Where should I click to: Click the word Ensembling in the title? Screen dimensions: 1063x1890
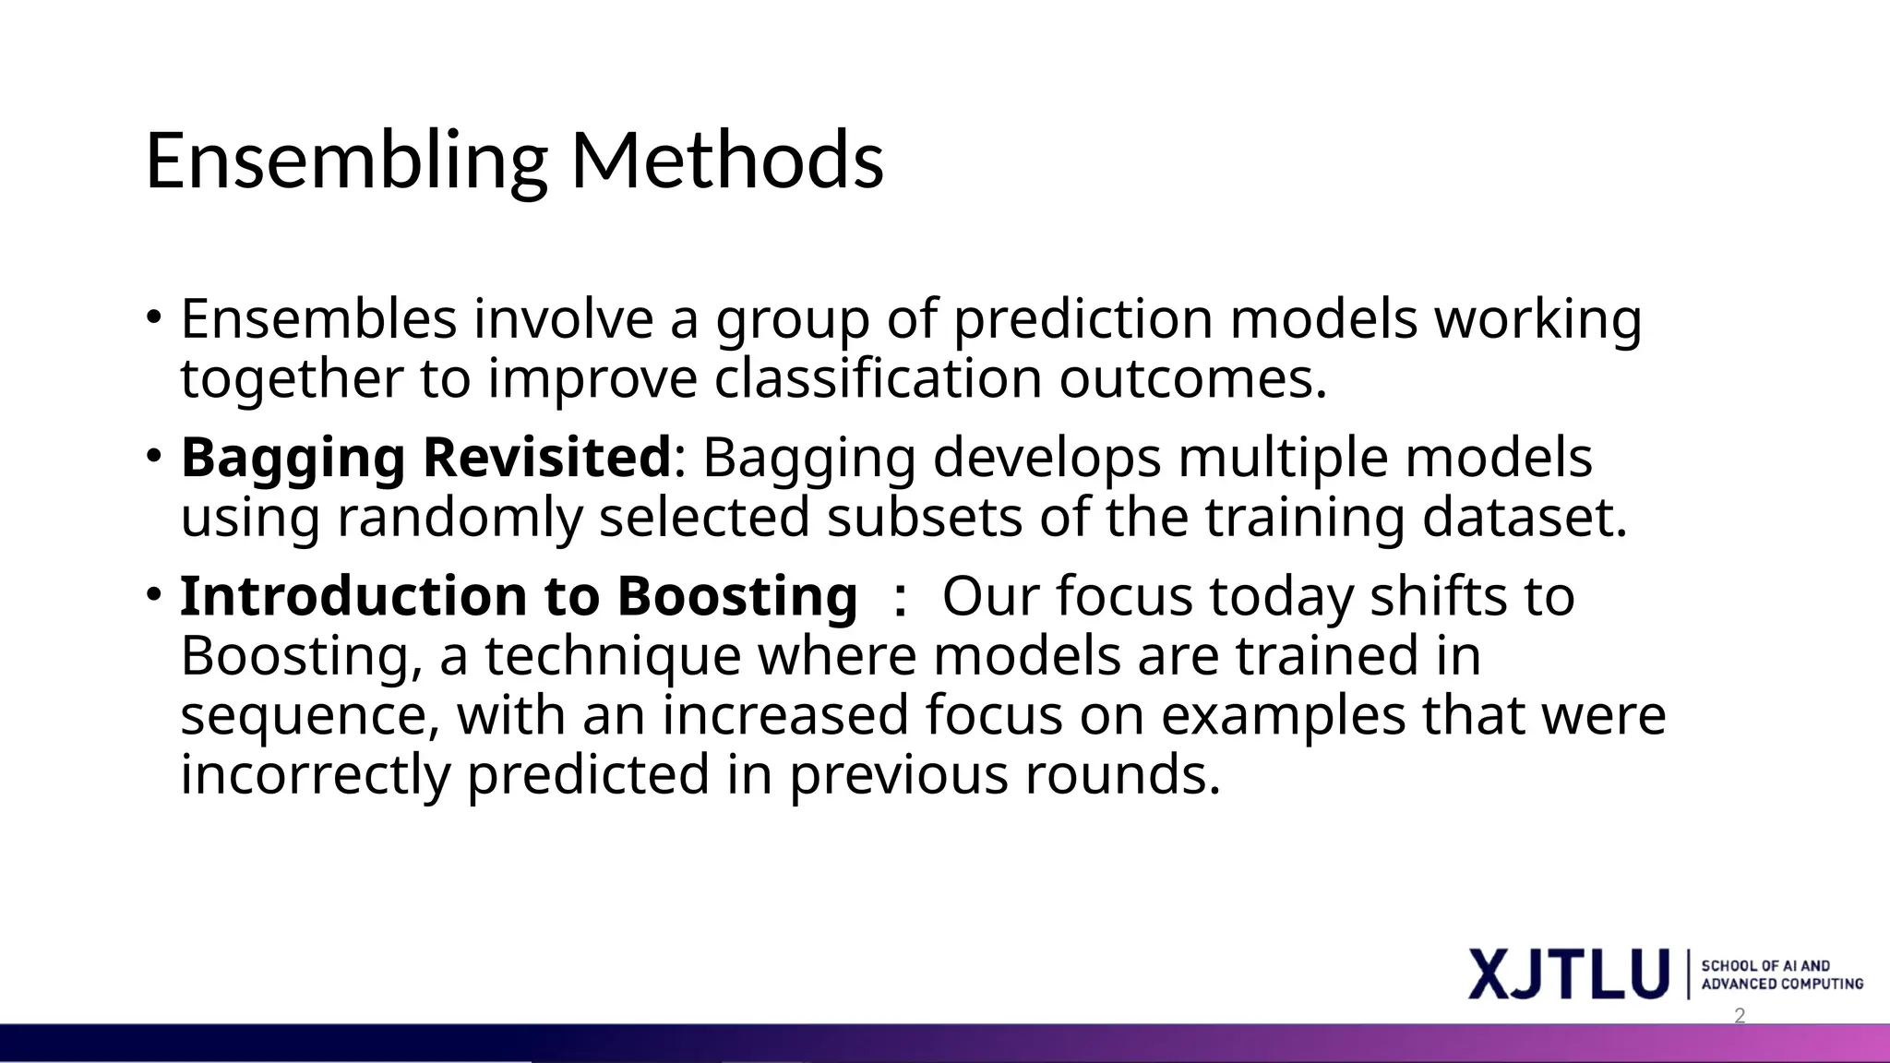click(x=346, y=161)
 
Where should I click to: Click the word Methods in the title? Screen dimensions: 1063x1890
click(x=727, y=161)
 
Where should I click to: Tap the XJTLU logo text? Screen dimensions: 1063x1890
click(x=1568, y=973)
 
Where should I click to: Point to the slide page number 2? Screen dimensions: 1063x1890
click(x=1740, y=1016)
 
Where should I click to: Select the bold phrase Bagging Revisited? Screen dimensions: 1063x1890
click(x=425, y=457)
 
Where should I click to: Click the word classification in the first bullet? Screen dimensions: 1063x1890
click(x=878, y=378)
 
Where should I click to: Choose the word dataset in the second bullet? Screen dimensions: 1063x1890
click(x=1523, y=517)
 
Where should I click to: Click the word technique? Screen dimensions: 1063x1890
click(x=613, y=655)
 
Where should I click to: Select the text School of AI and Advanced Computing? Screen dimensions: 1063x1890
click(x=1781, y=974)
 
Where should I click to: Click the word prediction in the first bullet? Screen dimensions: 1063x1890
click(x=1083, y=318)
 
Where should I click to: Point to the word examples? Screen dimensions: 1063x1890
click(x=1283, y=715)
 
